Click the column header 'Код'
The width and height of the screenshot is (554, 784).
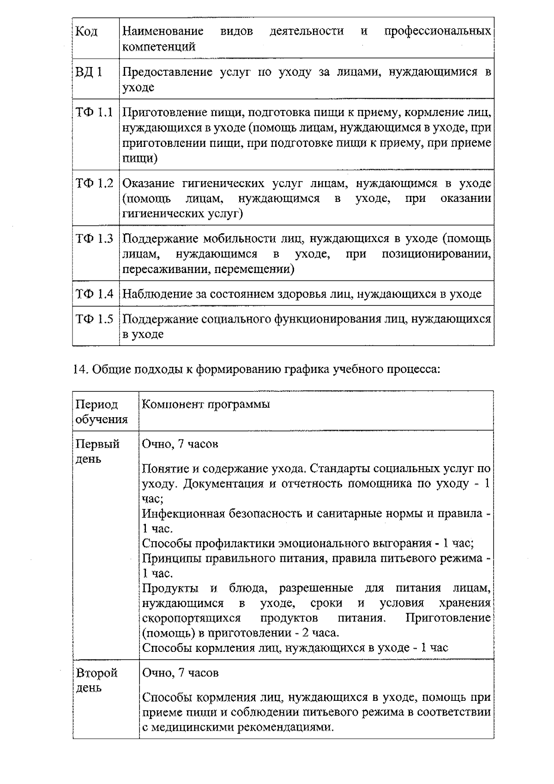tap(86, 31)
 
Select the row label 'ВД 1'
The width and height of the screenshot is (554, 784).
tap(89, 72)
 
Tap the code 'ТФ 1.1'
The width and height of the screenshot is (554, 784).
tap(94, 112)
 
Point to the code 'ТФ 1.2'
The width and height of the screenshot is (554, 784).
tap(94, 183)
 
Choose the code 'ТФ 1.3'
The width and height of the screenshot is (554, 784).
tap(94, 239)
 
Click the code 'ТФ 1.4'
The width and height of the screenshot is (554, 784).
tap(94, 294)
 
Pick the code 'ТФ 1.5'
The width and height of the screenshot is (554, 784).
tap(94, 319)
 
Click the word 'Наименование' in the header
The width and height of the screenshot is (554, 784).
tap(163, 31)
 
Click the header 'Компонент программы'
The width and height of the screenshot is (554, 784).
tap(205, 405)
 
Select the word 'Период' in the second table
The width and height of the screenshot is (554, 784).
tap(97, 405)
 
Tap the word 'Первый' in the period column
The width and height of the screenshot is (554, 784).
tap(98, 444)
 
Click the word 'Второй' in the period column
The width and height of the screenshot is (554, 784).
tap(97, 673)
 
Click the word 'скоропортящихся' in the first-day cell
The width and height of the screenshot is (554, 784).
tap(191, 618)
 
